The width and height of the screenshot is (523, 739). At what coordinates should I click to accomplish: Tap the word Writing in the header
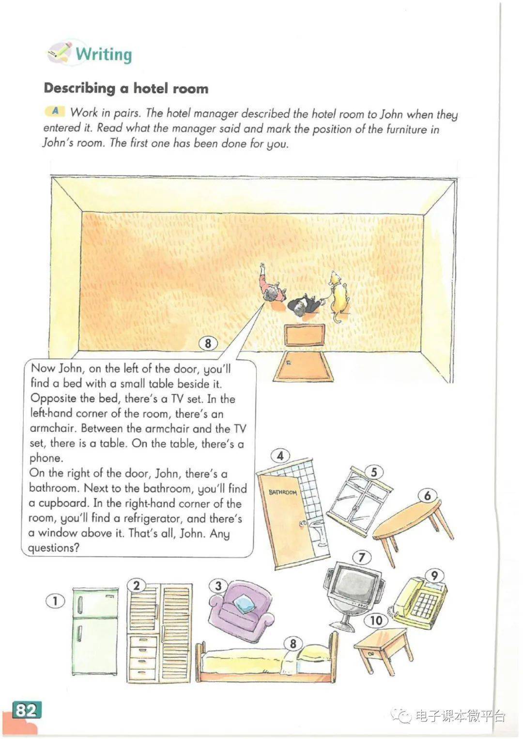tap(104, 54)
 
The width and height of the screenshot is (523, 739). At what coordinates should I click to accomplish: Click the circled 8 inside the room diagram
tap(208, 343)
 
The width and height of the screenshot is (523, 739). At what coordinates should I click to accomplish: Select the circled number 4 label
tap(280, 456)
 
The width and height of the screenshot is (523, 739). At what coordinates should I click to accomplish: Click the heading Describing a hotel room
tap(126, 89)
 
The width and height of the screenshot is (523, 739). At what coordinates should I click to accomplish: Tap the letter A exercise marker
tap(55, 111)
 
